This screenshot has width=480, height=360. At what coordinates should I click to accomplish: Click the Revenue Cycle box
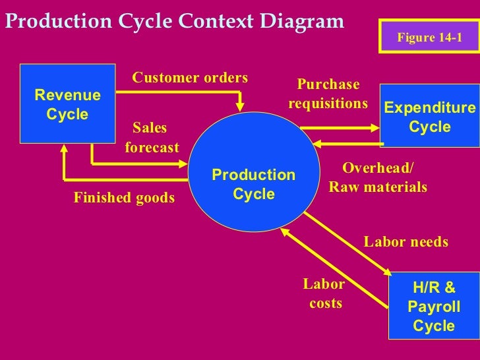pyautogui.click(x=67, y=104)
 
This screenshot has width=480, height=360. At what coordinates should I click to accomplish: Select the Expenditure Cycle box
pyautogui.click(x=429, y=117)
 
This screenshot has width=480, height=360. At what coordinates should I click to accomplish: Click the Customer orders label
pyautogui.click(x=190, y=78)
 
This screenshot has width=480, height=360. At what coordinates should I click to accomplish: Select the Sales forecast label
pyautogui.click(x=151, y=137)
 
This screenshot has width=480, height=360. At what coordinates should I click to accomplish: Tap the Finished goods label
pyautogui.click(x=124, y=197)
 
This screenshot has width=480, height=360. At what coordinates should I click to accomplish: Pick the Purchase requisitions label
pyautogui.click(x=328, y=94)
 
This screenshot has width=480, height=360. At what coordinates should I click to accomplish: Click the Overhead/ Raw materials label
pyautogui.click(x=378, y=177)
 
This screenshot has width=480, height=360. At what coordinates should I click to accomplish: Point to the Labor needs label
pyautogui.click(x=405, y=242)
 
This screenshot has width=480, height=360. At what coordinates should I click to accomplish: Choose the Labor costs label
pyautogui.click(x=324, y=293)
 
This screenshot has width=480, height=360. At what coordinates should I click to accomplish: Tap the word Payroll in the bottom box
pyautogui.click(x=433, y=307)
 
